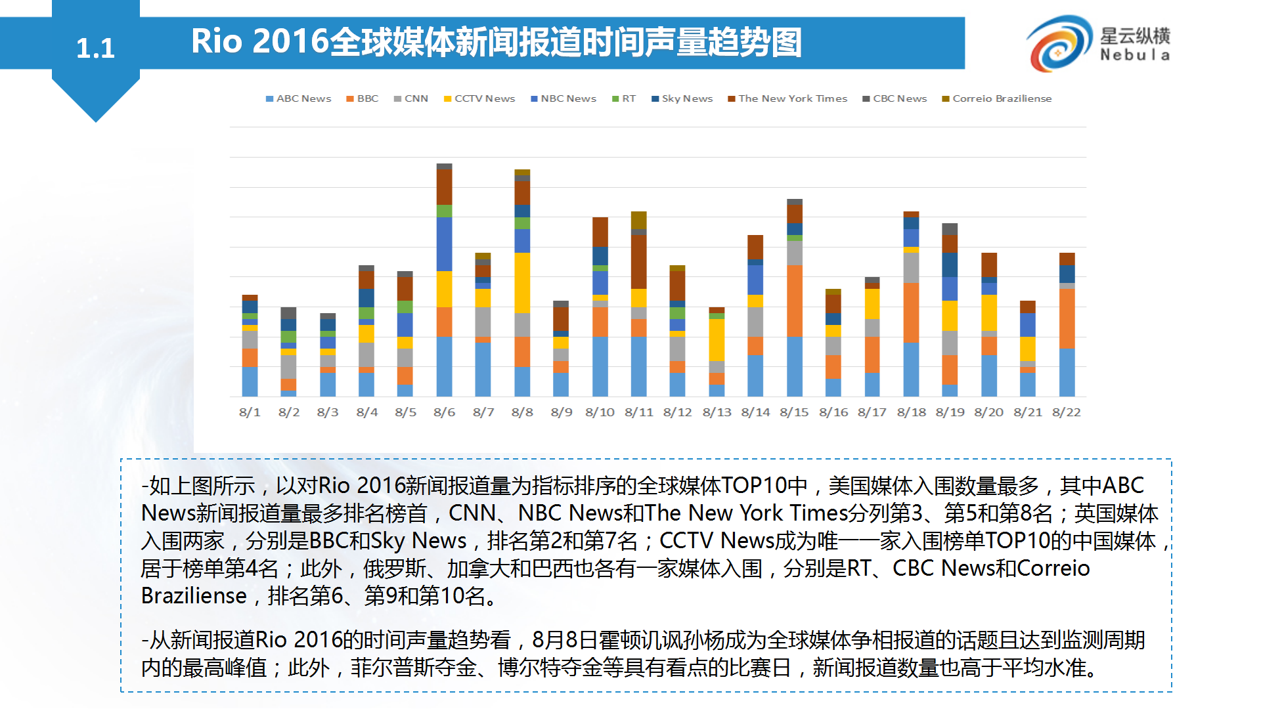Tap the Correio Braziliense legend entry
[996, 98]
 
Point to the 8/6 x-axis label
[444, 412]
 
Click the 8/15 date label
[794, 412]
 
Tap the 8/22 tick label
[1066, 412]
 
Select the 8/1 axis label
[250, 412]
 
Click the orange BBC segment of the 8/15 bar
[795, 301]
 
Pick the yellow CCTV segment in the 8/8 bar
[522, 283]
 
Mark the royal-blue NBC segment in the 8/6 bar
[445, 244]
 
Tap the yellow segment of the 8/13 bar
[717, 339]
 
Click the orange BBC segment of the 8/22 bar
[1067, 318]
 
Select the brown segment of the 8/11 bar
[638, 261]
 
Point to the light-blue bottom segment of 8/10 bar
[600, 366]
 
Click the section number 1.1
[95, 48]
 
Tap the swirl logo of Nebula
[1057, 43]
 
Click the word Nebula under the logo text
[1135, 55]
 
